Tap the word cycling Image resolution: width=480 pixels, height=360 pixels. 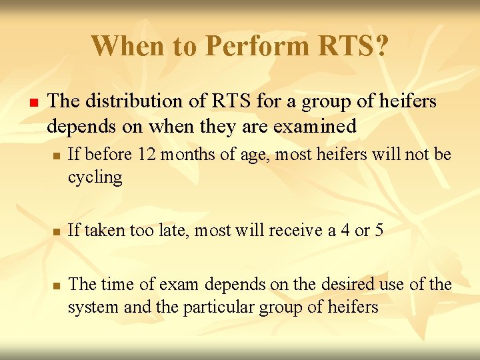click(95, 177)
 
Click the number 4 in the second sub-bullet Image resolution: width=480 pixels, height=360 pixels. click(330, 231)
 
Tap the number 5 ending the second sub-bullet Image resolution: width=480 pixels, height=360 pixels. click(378, 231)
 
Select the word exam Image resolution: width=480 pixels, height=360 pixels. click(180, 285)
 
